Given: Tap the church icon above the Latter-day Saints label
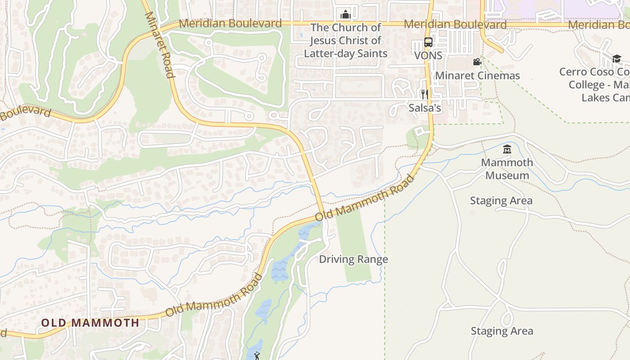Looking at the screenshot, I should [346, 14].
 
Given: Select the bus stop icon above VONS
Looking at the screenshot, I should [428, 42].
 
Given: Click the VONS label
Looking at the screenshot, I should [428, 55].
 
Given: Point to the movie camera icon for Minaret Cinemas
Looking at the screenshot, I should [477, 62].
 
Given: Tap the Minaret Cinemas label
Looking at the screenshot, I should [477, 76].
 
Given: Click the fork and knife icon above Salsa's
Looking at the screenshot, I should [424, 94].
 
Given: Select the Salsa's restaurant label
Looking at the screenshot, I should [424, 108].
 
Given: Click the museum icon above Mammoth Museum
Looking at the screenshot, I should [507, 149].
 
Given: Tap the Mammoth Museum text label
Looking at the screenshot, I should [507, 169].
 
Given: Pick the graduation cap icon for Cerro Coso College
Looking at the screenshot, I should [616, 58].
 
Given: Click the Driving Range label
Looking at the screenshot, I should [353, 259].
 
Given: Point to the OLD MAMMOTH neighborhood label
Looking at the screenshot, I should [90, 323].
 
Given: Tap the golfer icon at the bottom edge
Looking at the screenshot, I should [257, 356].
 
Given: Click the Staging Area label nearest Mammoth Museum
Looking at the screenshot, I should [501, 201].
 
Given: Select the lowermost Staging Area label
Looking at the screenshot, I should [502, 331].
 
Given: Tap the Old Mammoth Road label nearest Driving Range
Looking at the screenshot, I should [364, 198].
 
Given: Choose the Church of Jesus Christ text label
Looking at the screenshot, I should [346, 40].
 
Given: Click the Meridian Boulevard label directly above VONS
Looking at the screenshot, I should [455, 24].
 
